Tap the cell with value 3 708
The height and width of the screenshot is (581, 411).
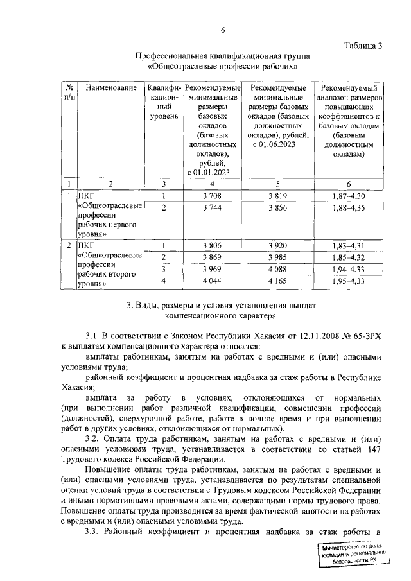pyautogui.click(x=212, y=196)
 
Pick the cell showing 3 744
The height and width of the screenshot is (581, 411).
pyautogui.click(x=212, y=208)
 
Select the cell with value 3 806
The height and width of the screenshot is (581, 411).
pyautogui.click(x=212, y=245)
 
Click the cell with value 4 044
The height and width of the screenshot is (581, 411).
pyautogui.click(x=212, y=281)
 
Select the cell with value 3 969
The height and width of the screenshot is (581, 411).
pyautogui.click(x=212, y=269)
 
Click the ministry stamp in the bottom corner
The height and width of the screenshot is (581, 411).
pyautogui.click(x=356, y=554)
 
